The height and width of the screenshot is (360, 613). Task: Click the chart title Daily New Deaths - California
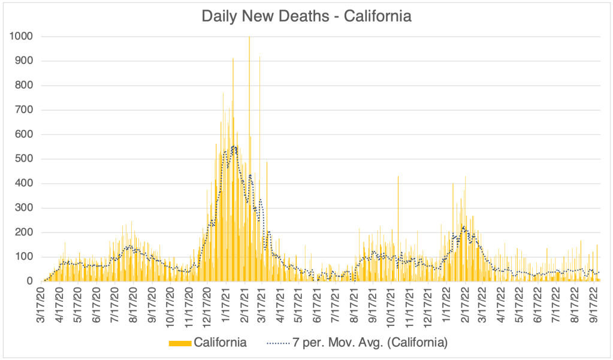[306, 16]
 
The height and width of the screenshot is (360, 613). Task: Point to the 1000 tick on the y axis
[21, 37]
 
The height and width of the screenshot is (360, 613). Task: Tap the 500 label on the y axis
[23, 159]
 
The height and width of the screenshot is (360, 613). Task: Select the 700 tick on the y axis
[23, 110]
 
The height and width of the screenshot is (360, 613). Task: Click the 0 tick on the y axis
[29, 282]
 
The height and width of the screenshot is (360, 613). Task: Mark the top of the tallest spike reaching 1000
[249, 38]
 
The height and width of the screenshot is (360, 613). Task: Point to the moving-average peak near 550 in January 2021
[233, 146]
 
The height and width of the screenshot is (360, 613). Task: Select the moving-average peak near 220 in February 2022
[463, 226]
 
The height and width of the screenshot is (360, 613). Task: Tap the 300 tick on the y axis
[23, 208]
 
